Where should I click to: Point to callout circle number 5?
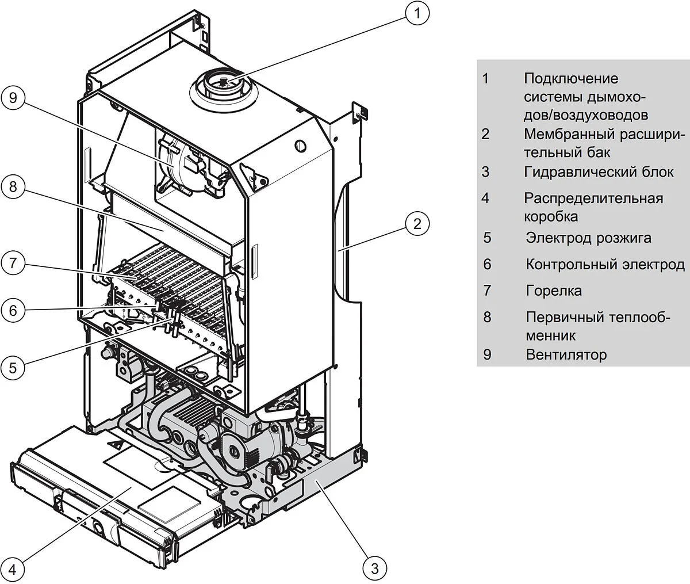[x=13, y=366]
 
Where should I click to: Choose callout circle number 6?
[x=13, y=311]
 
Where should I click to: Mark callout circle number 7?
[x=13, y=264]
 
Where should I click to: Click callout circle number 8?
[x=13, y=186]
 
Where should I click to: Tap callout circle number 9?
[x=13, y=98]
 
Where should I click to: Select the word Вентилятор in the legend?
[x=566, y=354]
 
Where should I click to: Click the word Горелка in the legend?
[x=553, y=291]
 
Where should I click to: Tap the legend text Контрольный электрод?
[x=605, y=265]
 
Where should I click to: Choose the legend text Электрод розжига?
[x=588, y=238]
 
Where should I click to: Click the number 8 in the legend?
[x=487, y=317]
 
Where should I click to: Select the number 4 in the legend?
[x=486, y=199]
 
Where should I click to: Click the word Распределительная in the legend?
[x=593, y=199]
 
